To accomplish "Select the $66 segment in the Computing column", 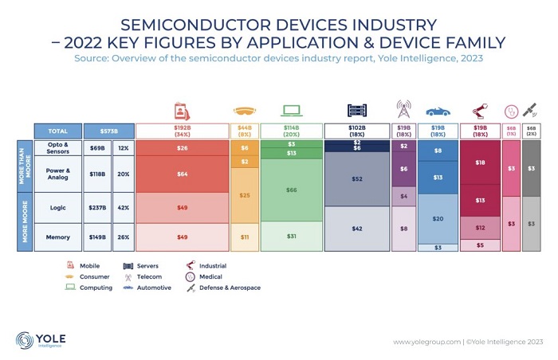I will point(291,190).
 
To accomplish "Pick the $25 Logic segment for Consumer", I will point(244,195).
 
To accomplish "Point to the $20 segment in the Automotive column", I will point(438,218).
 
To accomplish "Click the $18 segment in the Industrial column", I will point(481,162).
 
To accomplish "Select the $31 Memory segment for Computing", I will point(291,236).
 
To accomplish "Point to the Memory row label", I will point(57,237).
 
